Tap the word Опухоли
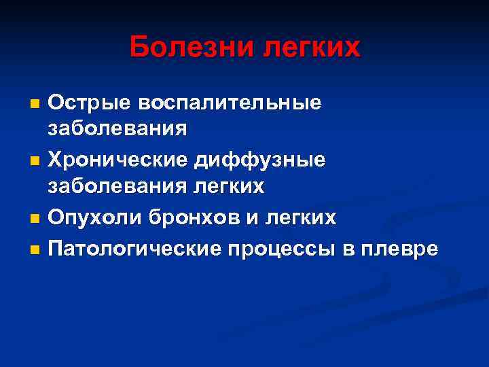pyautogui.click(x=92, y=217)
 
